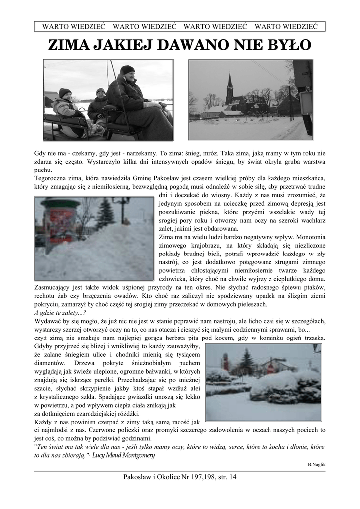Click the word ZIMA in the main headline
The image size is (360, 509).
[67, 45]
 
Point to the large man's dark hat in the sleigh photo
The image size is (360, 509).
[128, 69]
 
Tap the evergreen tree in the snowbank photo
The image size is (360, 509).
[105, 214]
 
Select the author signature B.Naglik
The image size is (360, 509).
[317, 464]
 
